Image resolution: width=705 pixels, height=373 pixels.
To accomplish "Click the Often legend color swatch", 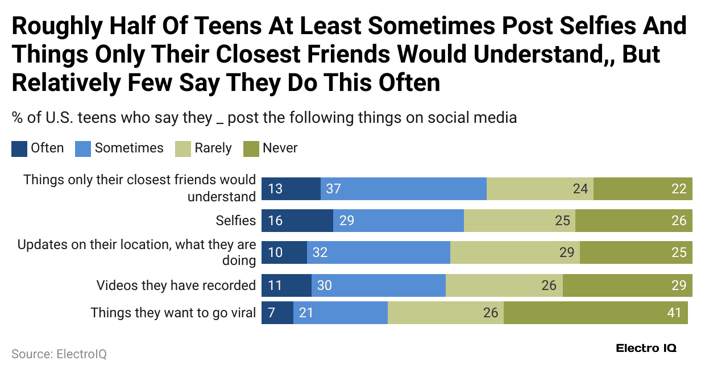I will click(19, 148).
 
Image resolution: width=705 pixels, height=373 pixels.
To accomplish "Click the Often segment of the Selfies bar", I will click(297, 221).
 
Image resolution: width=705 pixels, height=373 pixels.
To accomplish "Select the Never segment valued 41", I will click(595, 313).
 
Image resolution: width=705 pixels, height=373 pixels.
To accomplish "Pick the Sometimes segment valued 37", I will click(403, 189).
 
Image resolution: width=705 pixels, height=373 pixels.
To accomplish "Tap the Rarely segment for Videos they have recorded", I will click(504, 285).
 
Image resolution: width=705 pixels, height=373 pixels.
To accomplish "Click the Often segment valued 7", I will click(277, 313).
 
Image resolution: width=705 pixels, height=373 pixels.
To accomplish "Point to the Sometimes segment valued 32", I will click(378, 252).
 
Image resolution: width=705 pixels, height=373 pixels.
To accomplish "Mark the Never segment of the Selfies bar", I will click(633, 221).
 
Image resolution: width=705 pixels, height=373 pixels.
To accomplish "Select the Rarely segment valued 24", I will click(540, 189).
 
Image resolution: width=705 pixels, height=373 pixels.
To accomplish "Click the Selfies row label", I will click(235, 221).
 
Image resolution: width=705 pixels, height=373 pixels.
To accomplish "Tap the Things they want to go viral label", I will click(173, 313).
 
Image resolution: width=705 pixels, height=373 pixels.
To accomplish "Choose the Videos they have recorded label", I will click(176, 285).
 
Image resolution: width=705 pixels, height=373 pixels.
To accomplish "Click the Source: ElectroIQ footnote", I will click(59, 354).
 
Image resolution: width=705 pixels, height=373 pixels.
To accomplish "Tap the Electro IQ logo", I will click(646, 349).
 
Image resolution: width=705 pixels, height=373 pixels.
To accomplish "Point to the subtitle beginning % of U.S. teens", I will click(264, 118).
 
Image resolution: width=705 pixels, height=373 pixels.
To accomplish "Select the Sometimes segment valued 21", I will click(340, 313).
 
